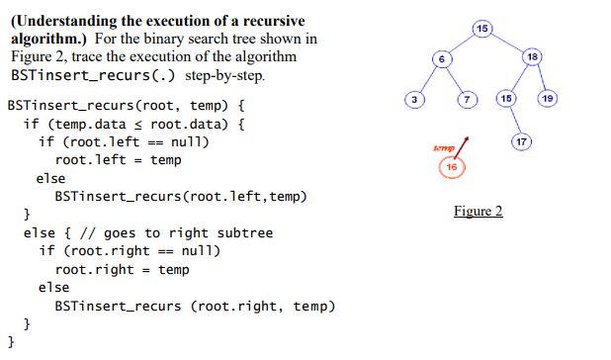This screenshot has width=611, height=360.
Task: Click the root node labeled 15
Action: (x=481, y=27)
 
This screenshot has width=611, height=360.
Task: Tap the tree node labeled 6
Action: (x=442, y=59)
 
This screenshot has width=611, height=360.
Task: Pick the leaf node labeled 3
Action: (x=416, y=99)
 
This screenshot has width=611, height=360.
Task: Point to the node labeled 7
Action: (x=468, y=99)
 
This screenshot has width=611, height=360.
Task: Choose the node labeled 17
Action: (x=522, y=142)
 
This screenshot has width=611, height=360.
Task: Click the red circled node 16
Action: (x=451, y=168)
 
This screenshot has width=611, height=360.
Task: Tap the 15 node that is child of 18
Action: (x=504, y=99)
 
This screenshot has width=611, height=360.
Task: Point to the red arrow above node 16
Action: (x=463, y=146)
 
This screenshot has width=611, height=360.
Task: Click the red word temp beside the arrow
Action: (x=442, y=148)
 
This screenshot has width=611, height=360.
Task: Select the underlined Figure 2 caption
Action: (x=479, y=211)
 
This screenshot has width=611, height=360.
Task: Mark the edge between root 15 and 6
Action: (x=462, y=43)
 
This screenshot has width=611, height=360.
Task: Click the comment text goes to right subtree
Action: (x=188, y=232)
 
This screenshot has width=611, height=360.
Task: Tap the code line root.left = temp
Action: (x=118, y=159)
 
